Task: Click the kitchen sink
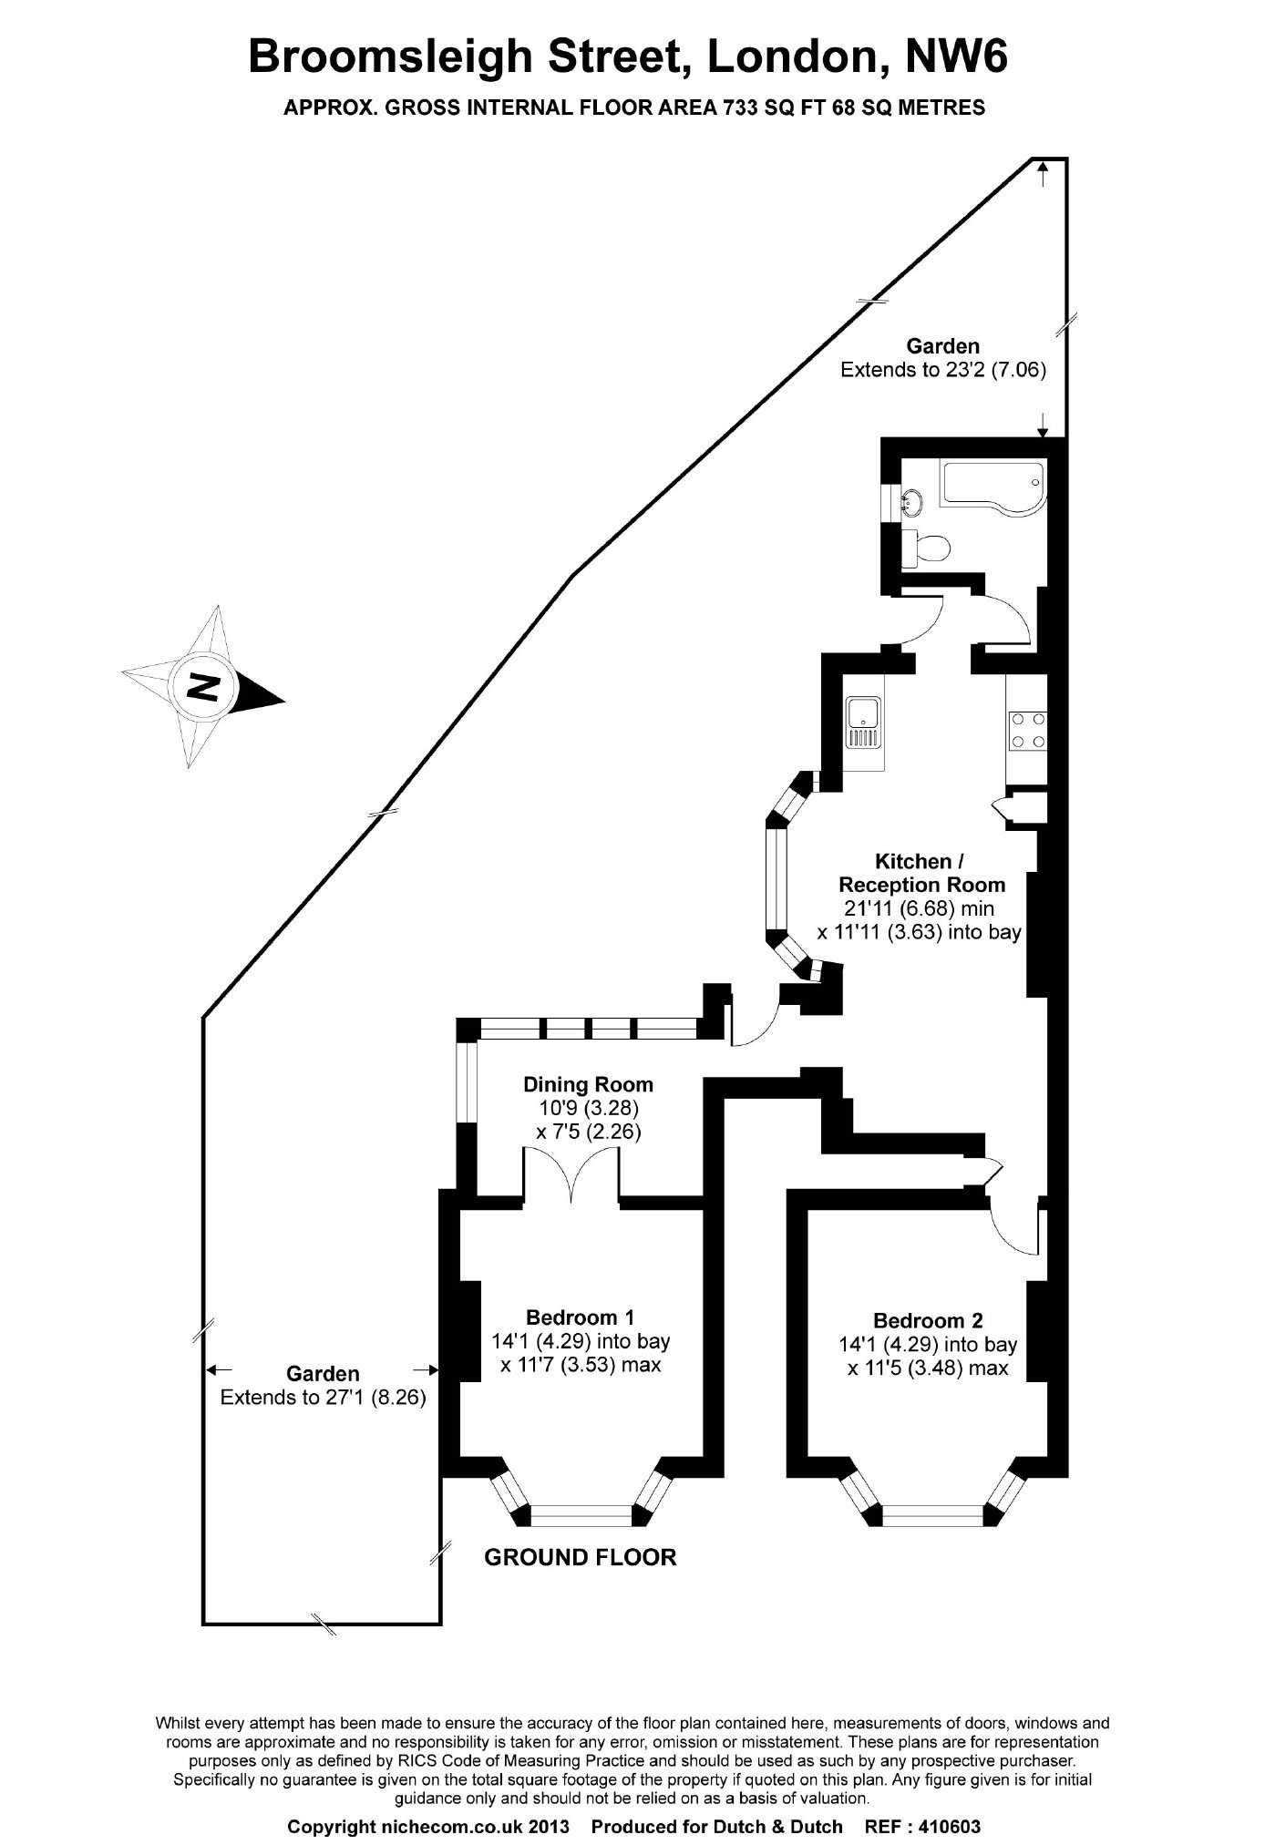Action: click(862, 720)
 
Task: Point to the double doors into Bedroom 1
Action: click(571, 1175)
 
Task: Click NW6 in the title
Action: click(956, 57)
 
